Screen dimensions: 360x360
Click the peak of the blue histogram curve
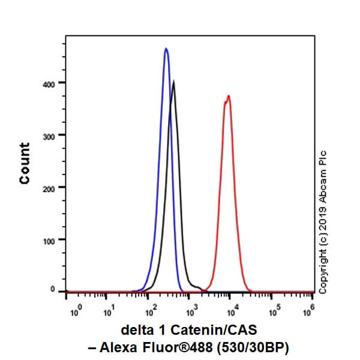pyautogui.click(x=166, y=49)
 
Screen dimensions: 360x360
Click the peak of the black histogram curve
pyautogui.click(x=173, y=82)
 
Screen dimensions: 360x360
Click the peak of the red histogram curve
pyautogui.click(x=228, y=96)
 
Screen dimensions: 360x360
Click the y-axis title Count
pyautogui.click(x=25, y=163)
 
